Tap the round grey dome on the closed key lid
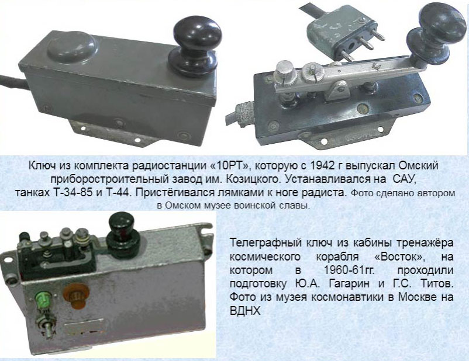tap(73, 47)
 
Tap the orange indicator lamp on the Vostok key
tap(76, 295)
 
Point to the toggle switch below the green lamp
tap(45, 327)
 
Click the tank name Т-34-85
tap(73, 193)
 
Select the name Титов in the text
tap(436, 283)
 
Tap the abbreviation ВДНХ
tap(245, 311)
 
